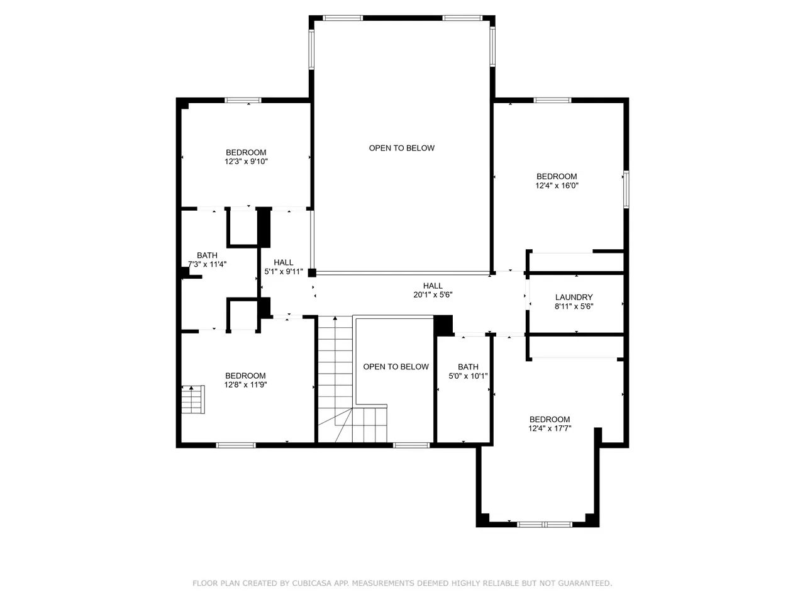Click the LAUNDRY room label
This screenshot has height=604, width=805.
[x=574, y=297]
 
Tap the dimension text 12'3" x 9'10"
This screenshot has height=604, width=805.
[x=246, y=161]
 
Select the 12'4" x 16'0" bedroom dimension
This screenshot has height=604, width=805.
[x=557, y=186]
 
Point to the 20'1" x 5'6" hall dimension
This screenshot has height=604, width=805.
[x=433, y=294]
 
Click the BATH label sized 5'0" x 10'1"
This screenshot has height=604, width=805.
[x=468, y=367]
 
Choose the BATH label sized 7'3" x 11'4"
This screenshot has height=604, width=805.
[x=207, y=255]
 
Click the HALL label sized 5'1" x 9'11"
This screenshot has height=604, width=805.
[x=284, y=262]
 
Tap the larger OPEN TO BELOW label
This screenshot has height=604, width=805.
[x=402, y=148]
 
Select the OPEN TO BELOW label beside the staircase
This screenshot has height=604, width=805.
[x=396, y=367]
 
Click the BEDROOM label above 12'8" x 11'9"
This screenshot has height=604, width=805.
[x=245, y=376]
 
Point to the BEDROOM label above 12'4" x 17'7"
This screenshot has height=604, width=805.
[x=550, y=419]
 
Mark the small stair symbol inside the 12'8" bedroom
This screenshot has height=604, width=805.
[x=193, y=400]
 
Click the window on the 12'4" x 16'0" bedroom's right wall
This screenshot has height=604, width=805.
[x=626, y=189]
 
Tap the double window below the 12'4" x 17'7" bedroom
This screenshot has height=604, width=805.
[x=544, y=525]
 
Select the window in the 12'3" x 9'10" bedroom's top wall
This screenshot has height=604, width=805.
[x=243, y=100]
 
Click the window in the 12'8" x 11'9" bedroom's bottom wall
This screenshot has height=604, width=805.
[x=236, y=445]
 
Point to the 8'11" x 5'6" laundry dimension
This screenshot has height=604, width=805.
[x=574, y=306]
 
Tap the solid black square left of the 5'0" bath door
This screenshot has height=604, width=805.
[x=443, y=325]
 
